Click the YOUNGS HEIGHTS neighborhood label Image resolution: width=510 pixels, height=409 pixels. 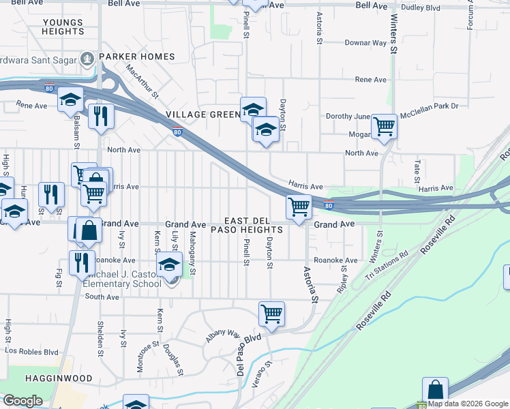63,27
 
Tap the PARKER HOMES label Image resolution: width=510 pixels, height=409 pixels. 137,57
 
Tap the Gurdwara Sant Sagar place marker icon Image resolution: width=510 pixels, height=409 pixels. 88,59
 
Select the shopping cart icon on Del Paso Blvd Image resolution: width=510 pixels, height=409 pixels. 271,314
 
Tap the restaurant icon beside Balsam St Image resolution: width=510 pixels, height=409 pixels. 101,115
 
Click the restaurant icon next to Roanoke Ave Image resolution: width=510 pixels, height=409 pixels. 82,262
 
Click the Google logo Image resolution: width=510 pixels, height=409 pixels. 22,401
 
